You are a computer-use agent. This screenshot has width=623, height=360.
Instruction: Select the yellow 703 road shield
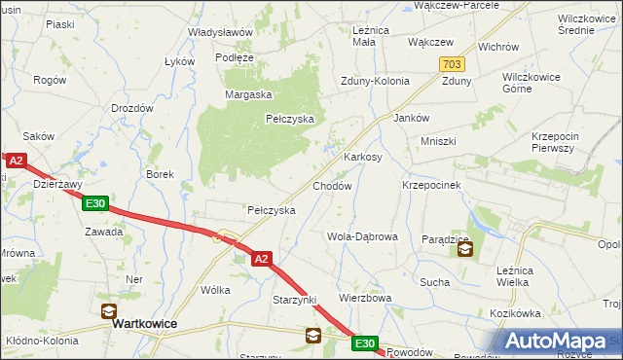click(x=450, y=63)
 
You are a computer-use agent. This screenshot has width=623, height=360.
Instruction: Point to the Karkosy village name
click(x=362, y=157)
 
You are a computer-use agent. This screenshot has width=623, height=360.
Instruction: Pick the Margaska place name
click(x=247, y=94)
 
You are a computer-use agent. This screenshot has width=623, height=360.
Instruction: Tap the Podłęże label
click(x=235, y=57)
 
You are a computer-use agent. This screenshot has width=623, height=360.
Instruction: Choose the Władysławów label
click(x=221, y=32)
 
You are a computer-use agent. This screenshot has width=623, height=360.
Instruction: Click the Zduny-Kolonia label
click(x=375, y=82)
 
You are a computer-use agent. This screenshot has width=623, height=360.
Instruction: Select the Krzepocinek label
click(x=431, y=184)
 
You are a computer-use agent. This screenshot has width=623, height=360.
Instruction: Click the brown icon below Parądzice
click(x=464, y=251)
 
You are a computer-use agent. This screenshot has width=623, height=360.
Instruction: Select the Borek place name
click(x=160, y=175)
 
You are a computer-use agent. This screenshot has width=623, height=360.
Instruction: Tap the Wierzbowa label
click(x=365, y=298)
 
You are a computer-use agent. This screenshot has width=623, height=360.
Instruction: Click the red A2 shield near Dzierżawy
click(x=15, y=162)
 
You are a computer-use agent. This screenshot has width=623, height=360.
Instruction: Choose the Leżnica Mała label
click(x=370, y=36)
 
